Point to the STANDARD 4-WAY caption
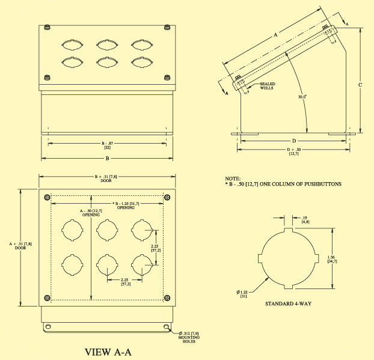coord(288,304)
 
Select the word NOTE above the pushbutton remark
coord(232,179)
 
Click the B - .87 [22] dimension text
coord(106,145)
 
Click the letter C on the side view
coord(360,85)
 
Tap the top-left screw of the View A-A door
coord(48,197)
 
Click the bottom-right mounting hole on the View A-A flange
coord(165,327)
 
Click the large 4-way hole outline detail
coord(288,258)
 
